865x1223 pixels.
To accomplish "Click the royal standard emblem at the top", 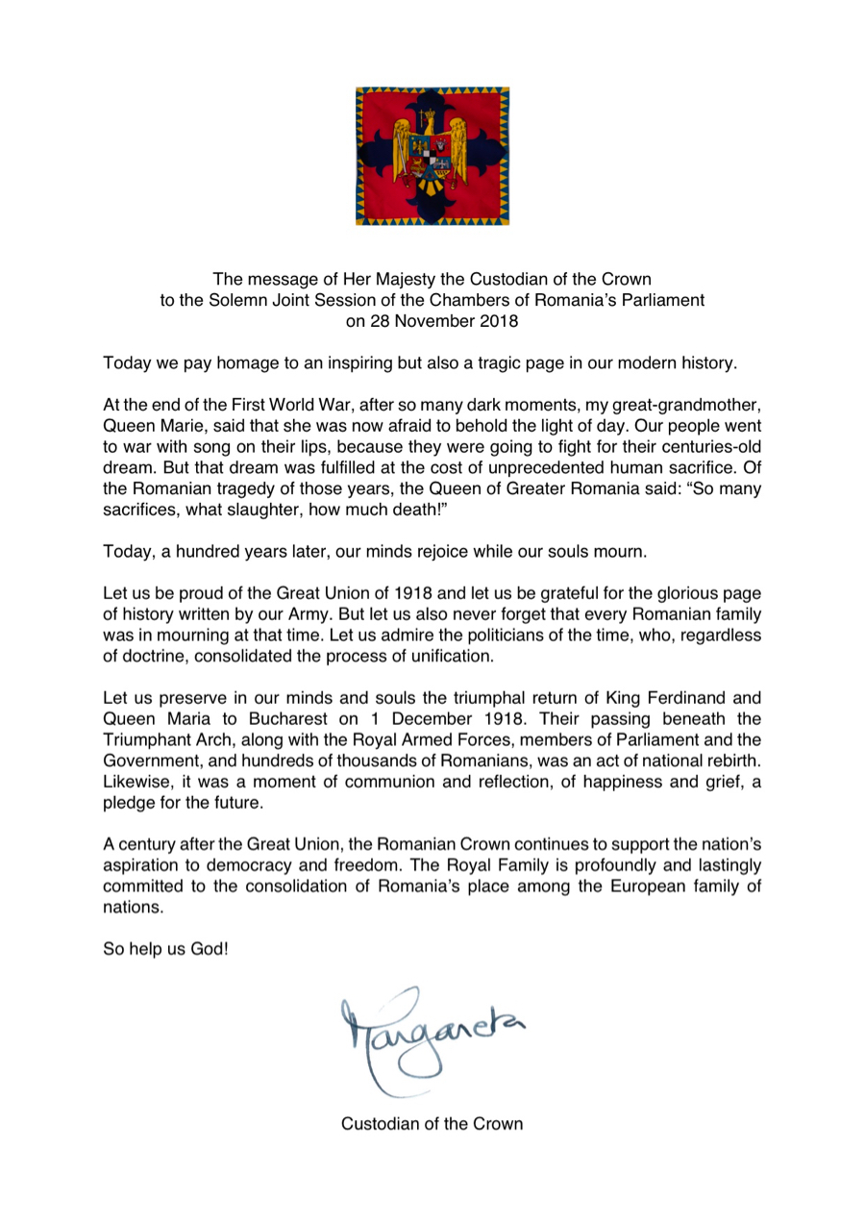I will pyautogui.click(x=432, y=156).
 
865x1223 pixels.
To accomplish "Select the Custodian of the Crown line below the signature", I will pyautogui.click(x=432, y=1123).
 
